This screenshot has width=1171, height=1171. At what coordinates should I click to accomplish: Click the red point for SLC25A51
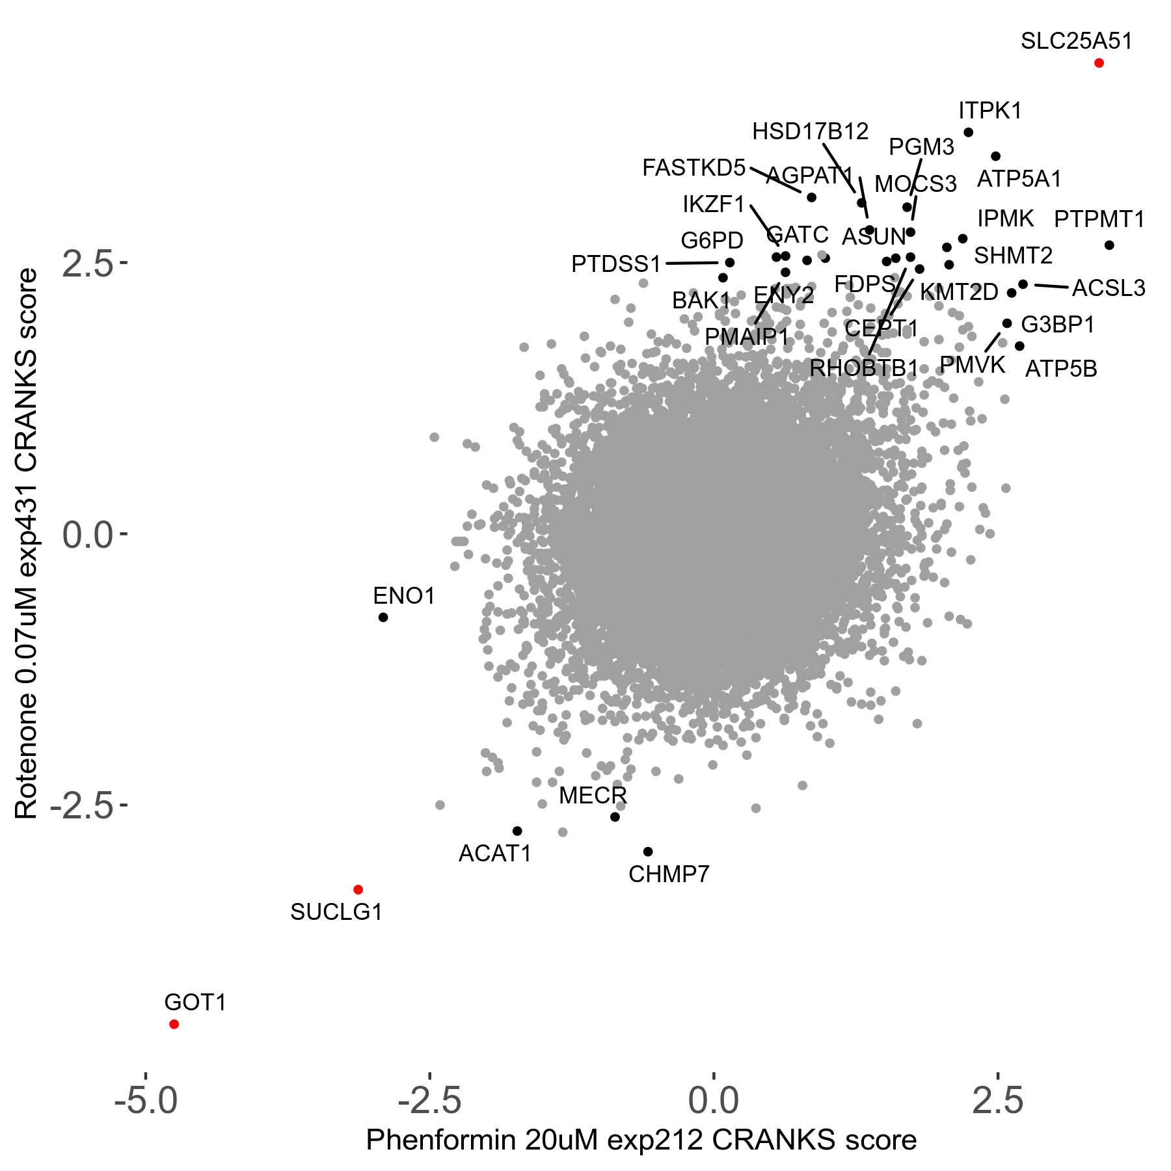pyautogui.click(x=1099, y=63)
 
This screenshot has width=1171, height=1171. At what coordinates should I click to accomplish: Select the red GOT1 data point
pyautogui.click(x=174, y=1024)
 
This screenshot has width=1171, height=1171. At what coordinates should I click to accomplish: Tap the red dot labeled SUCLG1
pyautogui.click(x=358, y=889)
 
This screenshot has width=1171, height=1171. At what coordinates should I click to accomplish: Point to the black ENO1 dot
pyautogui.click(x=383, y=617)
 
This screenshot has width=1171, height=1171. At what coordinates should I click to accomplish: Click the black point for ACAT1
pyautogui.click(x=517, y=831)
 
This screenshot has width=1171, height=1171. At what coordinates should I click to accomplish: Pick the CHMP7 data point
pyautogui.click(x=648, y=852)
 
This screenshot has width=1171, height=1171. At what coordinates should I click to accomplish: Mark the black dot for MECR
pyautogui.click(x=615, y=816)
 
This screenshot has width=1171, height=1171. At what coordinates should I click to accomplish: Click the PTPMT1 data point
pyautogui.click(x=1109, y=245)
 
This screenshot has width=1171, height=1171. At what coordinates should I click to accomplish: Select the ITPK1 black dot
pyautogui.click(x=968, y=133)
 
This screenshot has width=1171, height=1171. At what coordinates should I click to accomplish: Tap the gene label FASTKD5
pyautogui.click(x=693, y=168)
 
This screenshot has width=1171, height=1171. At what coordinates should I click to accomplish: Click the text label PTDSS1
pyautogui.click(x=616, y=264)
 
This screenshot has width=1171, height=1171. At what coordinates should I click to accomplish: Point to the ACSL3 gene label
pyautogui.click(x=1109, y=288)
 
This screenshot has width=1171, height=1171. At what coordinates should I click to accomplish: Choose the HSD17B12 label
pyautogui.click(x=810, y=132)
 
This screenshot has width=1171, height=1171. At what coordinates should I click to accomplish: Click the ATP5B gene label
pyautogui.click(x=1061, y=369)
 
